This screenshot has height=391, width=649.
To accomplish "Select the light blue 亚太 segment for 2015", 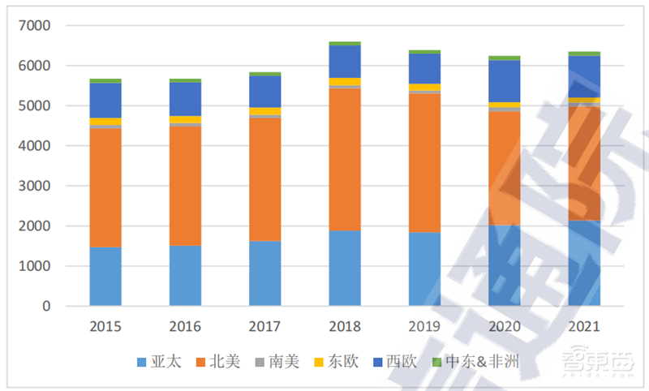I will point(105,276).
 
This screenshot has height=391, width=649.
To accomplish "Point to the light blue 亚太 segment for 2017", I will point(265,273).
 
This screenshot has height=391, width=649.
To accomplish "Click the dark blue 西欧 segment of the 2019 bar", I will point(424,68).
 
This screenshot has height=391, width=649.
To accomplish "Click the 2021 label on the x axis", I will point(584,327).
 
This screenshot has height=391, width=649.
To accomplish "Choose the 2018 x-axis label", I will point(345,327).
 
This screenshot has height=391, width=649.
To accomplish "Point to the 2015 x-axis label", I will point(105,327).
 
